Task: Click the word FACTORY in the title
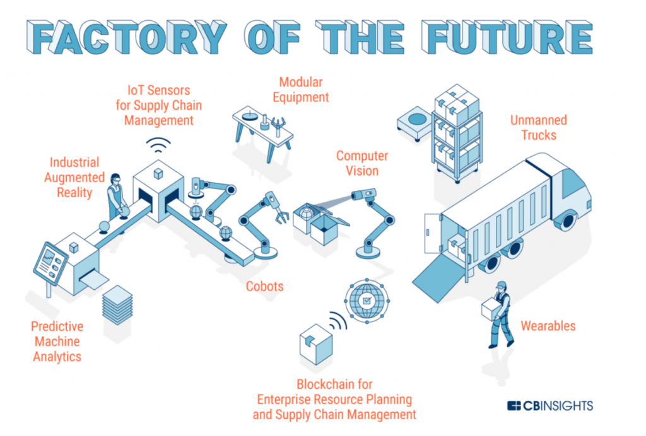point(127,37)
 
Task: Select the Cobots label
point(264,286)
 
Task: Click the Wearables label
point(548,326)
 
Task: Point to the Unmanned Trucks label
point(539,127)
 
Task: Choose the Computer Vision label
point(362,163)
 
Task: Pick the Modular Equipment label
point(301,89)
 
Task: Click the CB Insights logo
point(550,406)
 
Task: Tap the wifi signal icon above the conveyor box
point(158,144)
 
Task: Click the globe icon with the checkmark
point(367,301)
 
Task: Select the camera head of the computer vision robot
point(363,193)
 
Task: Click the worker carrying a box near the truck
point(498,314)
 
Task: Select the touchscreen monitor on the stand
point(50,264)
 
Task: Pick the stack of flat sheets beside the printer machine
point(117,305)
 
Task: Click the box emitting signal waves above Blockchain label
point(316,344)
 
